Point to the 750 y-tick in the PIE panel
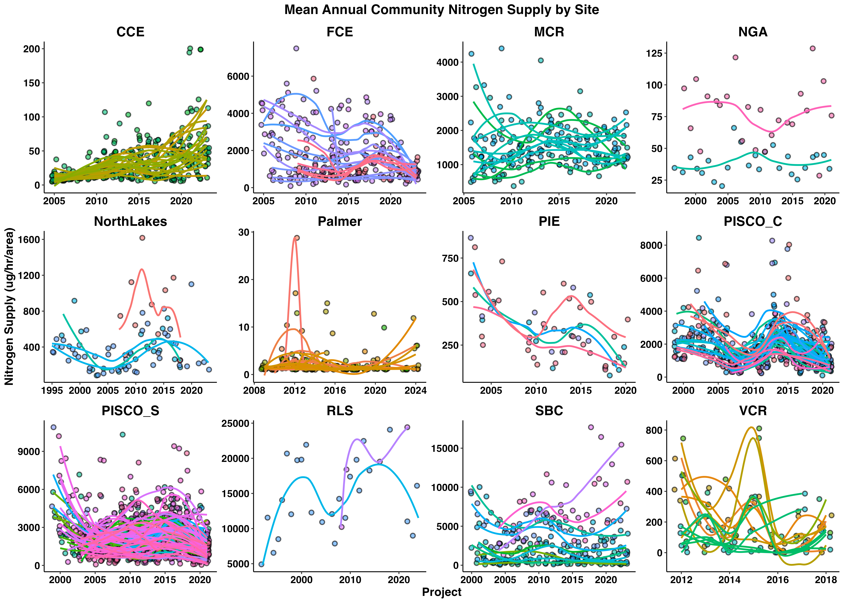point(450,258)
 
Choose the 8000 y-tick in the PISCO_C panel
point(651,245)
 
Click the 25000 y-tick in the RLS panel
point(235,424)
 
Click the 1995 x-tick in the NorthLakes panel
point(52,391)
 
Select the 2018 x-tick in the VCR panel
point(825,580)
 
